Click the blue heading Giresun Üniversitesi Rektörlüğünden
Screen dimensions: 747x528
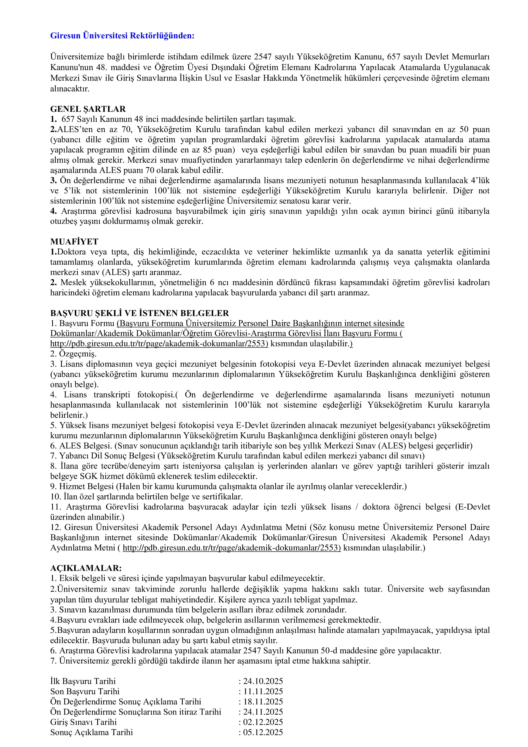click(122, 36)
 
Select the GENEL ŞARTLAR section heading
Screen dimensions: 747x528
click(88, 109)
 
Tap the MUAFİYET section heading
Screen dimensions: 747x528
click(74, 242)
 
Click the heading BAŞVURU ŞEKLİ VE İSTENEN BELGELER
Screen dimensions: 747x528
click(139, 313)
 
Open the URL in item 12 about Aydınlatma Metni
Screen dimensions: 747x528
click(232, 548)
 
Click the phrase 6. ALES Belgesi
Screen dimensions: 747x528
click(81, 446)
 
